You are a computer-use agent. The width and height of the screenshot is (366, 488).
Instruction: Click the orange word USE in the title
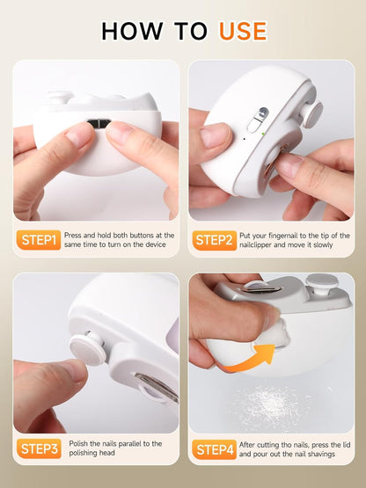[243, 31]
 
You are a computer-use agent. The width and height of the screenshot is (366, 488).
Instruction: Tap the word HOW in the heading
[132, 31]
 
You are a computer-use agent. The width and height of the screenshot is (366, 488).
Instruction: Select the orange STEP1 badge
[39, 240]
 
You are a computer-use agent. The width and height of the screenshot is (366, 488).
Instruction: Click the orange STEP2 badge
[215, 240]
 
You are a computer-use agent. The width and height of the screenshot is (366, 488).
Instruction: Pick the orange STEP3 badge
[39, 448]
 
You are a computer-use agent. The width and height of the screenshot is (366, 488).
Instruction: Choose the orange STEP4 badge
[215, 449]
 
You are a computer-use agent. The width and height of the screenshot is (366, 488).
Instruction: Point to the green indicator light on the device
[263, 134]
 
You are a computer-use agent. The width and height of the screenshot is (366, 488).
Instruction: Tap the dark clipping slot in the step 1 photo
[99, 123]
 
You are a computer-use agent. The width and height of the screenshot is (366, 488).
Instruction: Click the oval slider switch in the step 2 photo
[259, 120]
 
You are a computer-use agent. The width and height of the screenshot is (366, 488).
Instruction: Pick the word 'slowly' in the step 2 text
[323, 245]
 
